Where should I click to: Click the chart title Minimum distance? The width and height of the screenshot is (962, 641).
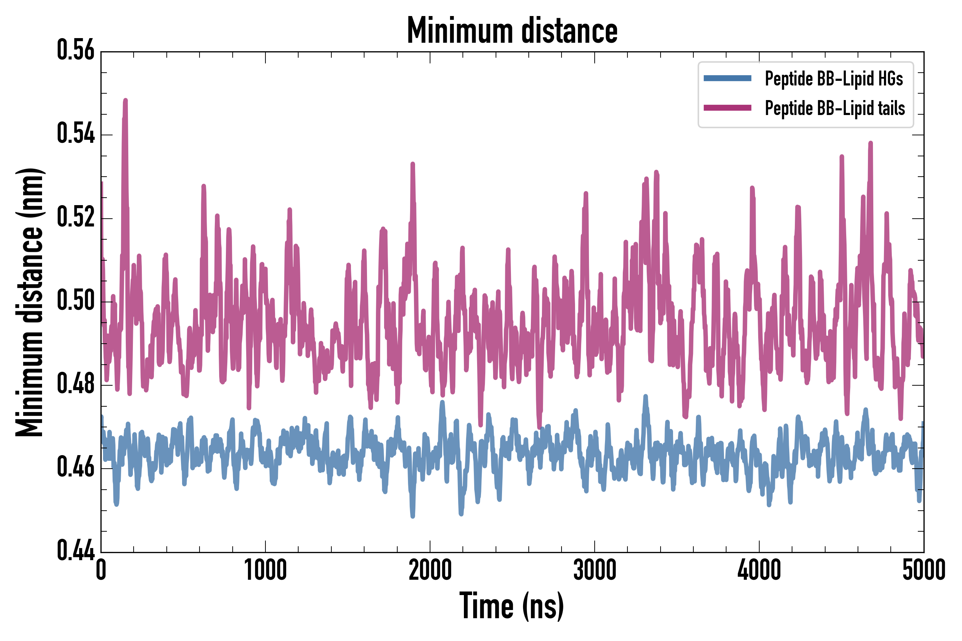point(512,31)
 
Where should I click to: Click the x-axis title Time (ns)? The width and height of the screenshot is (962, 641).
point(512,606)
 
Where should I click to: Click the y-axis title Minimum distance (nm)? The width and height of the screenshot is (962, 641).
point(30,302)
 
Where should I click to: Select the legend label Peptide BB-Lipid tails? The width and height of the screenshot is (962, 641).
point(835,108)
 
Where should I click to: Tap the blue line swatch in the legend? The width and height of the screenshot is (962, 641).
point(727,78)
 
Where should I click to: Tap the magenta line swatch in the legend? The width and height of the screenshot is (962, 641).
point(727,108)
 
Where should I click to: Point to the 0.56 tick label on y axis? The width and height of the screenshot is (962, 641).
point(76,51)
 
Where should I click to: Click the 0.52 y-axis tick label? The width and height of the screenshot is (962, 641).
point(76,218)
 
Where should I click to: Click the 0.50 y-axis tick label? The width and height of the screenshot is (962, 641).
point(76,301)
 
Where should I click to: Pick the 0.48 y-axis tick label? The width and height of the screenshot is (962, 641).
point(76,384)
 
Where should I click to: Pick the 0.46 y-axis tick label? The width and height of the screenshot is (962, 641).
point(76,468)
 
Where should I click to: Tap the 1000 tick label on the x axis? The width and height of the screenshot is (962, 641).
point(265,570)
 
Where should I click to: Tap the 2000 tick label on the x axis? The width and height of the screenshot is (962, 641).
point(430,570)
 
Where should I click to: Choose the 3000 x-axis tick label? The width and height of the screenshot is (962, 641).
point(594,570)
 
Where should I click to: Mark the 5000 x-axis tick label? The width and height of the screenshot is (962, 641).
point(923,570)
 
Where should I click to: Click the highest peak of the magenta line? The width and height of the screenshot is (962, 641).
point(125,100)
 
